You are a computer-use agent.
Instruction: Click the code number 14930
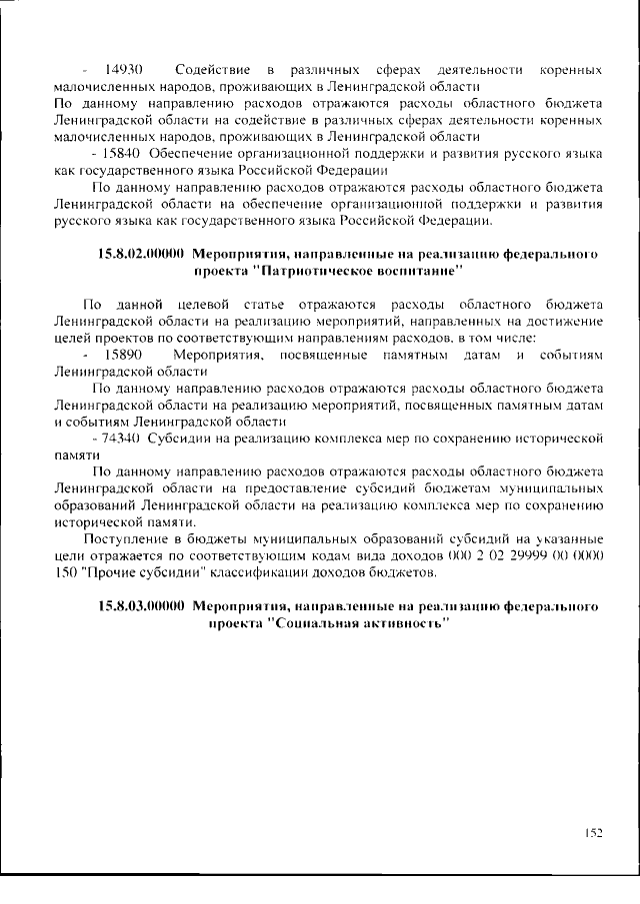click(x=123, y=70)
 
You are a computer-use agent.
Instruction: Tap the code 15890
click(x=123, y=355)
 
